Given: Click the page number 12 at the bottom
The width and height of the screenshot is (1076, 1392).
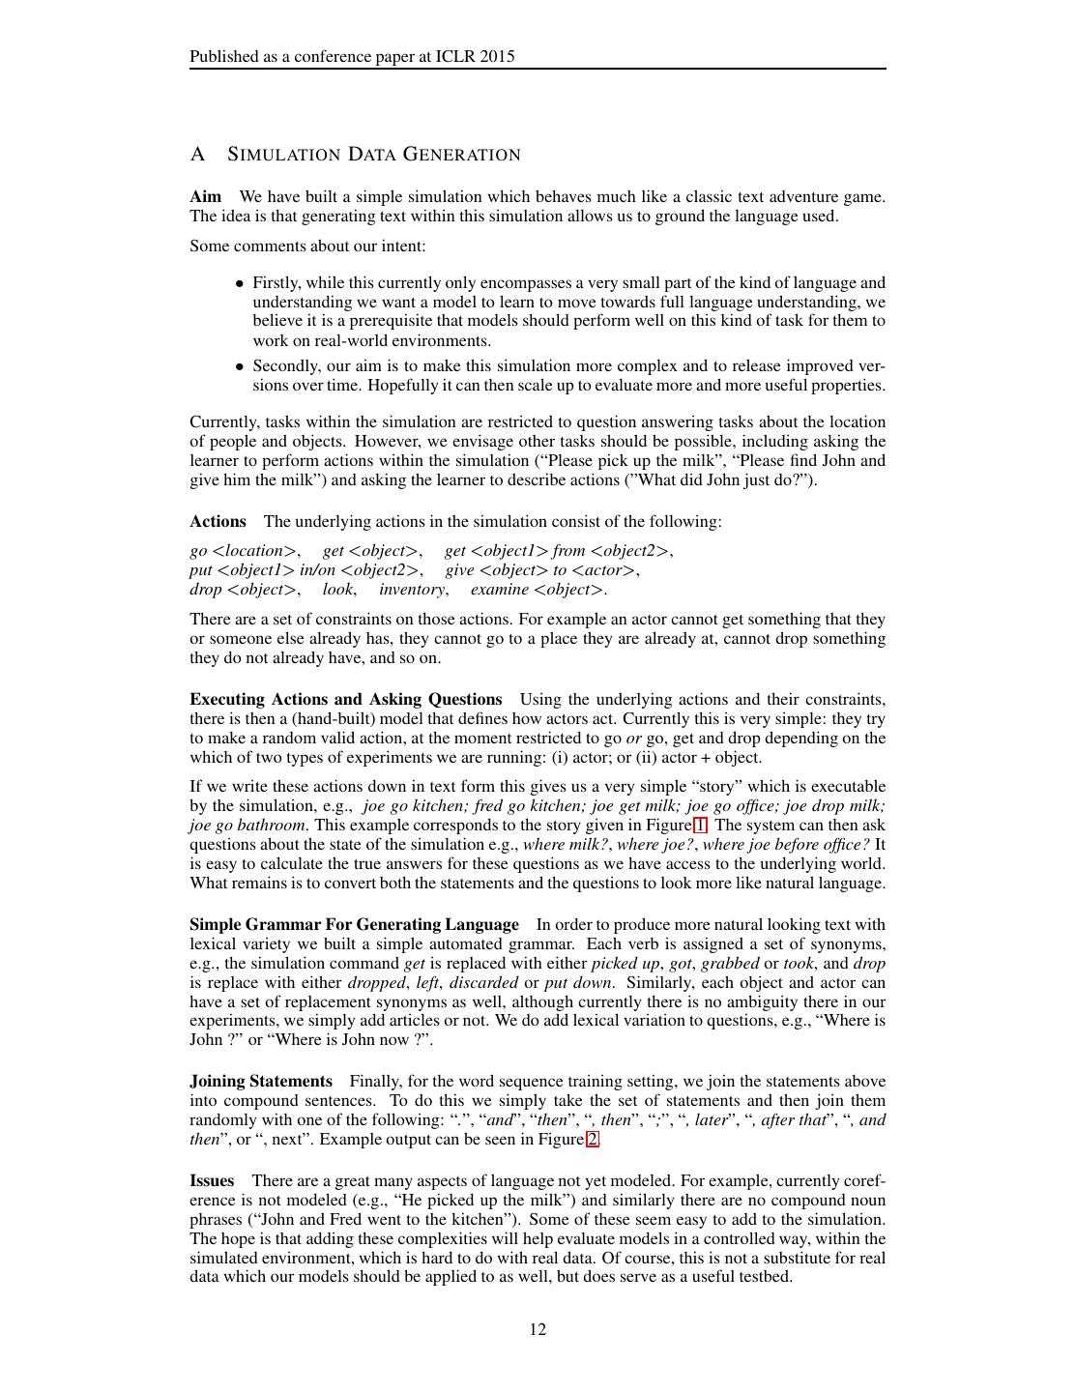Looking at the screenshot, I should coord(538,1329).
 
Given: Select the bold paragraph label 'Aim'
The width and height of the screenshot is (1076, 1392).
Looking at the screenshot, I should coord(205,197).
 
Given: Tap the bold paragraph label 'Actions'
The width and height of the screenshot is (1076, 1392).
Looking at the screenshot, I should coord(218,522).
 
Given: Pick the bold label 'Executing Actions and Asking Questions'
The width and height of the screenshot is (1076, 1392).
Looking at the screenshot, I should coord(345,700).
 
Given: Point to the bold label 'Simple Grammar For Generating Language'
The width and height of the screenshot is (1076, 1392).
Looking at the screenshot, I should coord(354,925).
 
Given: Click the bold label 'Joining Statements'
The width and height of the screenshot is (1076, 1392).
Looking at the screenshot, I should coord(261,1082).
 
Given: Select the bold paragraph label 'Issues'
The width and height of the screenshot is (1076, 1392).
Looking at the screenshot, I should coord(212,1181).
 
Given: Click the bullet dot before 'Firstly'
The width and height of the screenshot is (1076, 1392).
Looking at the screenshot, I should coord(239,284).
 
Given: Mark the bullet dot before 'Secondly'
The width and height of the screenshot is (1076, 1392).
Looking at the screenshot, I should coord(239,367).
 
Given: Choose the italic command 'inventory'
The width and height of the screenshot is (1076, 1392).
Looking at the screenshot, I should coord(412,590).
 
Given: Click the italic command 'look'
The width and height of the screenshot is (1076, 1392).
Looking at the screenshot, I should coord(337,590).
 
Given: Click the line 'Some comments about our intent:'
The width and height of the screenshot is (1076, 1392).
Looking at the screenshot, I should coord(307,246).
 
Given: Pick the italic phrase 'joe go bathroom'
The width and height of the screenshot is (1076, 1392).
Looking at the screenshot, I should coord(247,826).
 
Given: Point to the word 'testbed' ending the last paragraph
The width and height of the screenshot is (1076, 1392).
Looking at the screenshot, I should coord(764,1277).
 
